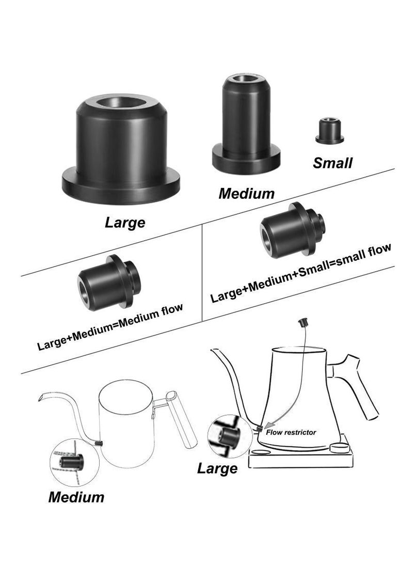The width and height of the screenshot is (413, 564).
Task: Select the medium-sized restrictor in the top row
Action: [245, 127]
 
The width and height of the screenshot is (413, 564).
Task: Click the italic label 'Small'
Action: [333, 163]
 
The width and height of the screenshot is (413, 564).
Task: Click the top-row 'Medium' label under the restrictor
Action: [247, 194]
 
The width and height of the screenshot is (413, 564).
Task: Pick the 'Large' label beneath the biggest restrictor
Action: [125, 223]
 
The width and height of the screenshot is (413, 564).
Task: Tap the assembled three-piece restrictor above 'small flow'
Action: [292, 227]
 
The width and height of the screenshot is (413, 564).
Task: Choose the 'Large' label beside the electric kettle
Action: [217, 468]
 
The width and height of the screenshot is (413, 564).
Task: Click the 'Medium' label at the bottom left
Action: [76, 497]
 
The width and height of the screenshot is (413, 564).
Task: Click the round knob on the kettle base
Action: [339, 447]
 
